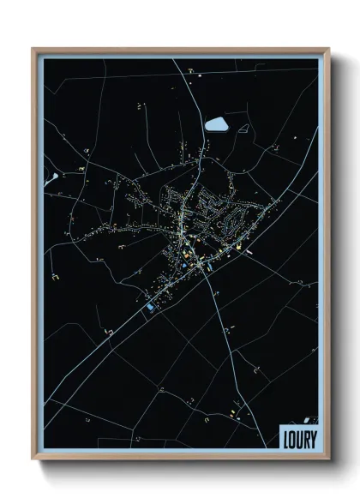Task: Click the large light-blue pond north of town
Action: pos(217,123)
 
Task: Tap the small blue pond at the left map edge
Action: pos(54,177)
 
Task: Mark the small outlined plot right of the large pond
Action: pos(244,129)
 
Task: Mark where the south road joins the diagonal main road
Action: pos(204,273)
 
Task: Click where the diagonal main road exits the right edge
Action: pos(317,129)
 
